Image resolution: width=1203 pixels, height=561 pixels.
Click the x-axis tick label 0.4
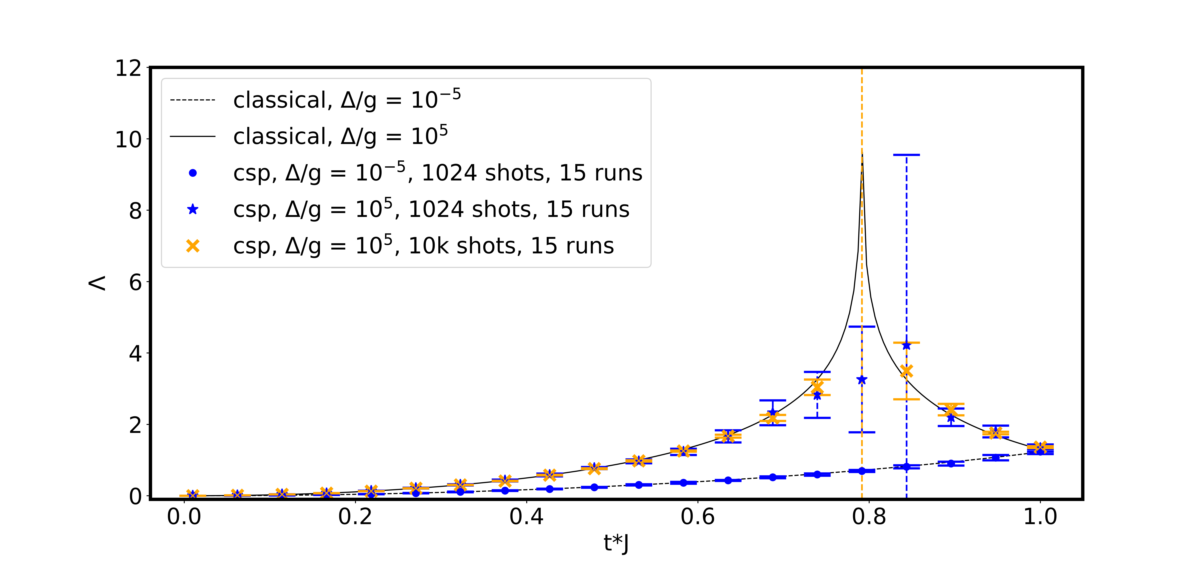(x=526, y=517)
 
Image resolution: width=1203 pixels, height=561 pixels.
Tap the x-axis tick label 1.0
(x=1040, y=517)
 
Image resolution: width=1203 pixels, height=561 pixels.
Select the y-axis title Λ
(x=97, y=283)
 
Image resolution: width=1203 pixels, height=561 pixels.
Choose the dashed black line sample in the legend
(x=192, y=100)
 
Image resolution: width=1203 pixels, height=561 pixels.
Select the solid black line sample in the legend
(x=192, y=136)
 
